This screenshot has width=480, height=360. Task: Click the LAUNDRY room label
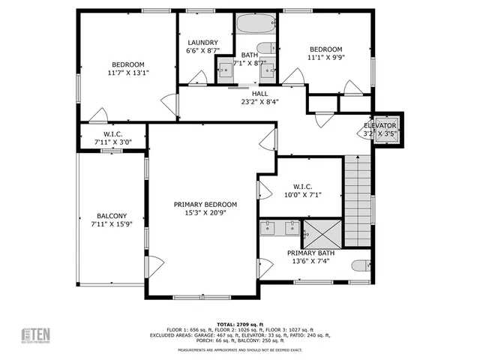202,43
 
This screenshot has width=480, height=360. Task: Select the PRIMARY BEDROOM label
205,205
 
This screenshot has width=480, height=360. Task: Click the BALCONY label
111,215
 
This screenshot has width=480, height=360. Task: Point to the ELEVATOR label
380,125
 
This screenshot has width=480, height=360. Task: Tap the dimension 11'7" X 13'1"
128,73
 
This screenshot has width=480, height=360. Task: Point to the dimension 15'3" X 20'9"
205,213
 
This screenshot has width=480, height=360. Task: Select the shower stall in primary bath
321,233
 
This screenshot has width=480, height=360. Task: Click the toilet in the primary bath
362,265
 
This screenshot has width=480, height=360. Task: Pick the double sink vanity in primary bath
279,229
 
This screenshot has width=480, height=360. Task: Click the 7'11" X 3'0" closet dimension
111,142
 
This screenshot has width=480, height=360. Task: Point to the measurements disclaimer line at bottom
240,350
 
